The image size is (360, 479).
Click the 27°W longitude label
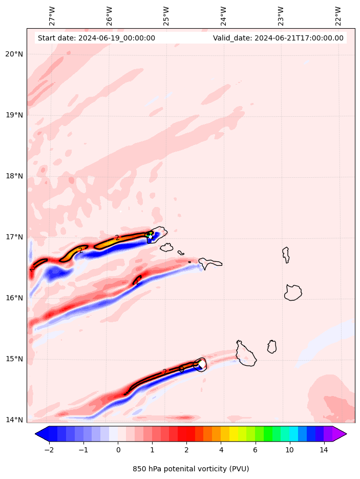tap(52, 16)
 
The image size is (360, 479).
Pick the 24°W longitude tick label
tap(223, 16)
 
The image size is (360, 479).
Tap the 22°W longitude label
tap(337, 16)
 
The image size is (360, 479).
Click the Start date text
tap(96, 38)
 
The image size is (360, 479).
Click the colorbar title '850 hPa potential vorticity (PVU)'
tap(190, 469)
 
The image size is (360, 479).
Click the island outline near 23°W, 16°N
tap(293, 293)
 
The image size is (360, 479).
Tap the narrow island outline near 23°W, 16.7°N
tap(286, 254)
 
